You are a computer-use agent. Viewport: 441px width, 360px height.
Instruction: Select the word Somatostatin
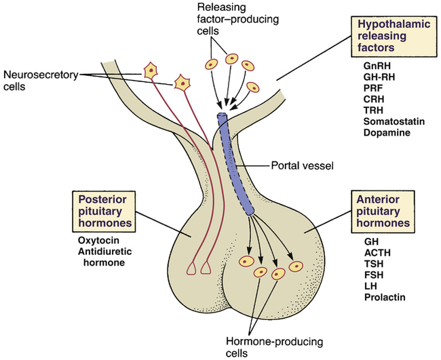(387, 120)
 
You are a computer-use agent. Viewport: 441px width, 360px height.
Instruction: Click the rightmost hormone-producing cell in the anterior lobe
(294, 266)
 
